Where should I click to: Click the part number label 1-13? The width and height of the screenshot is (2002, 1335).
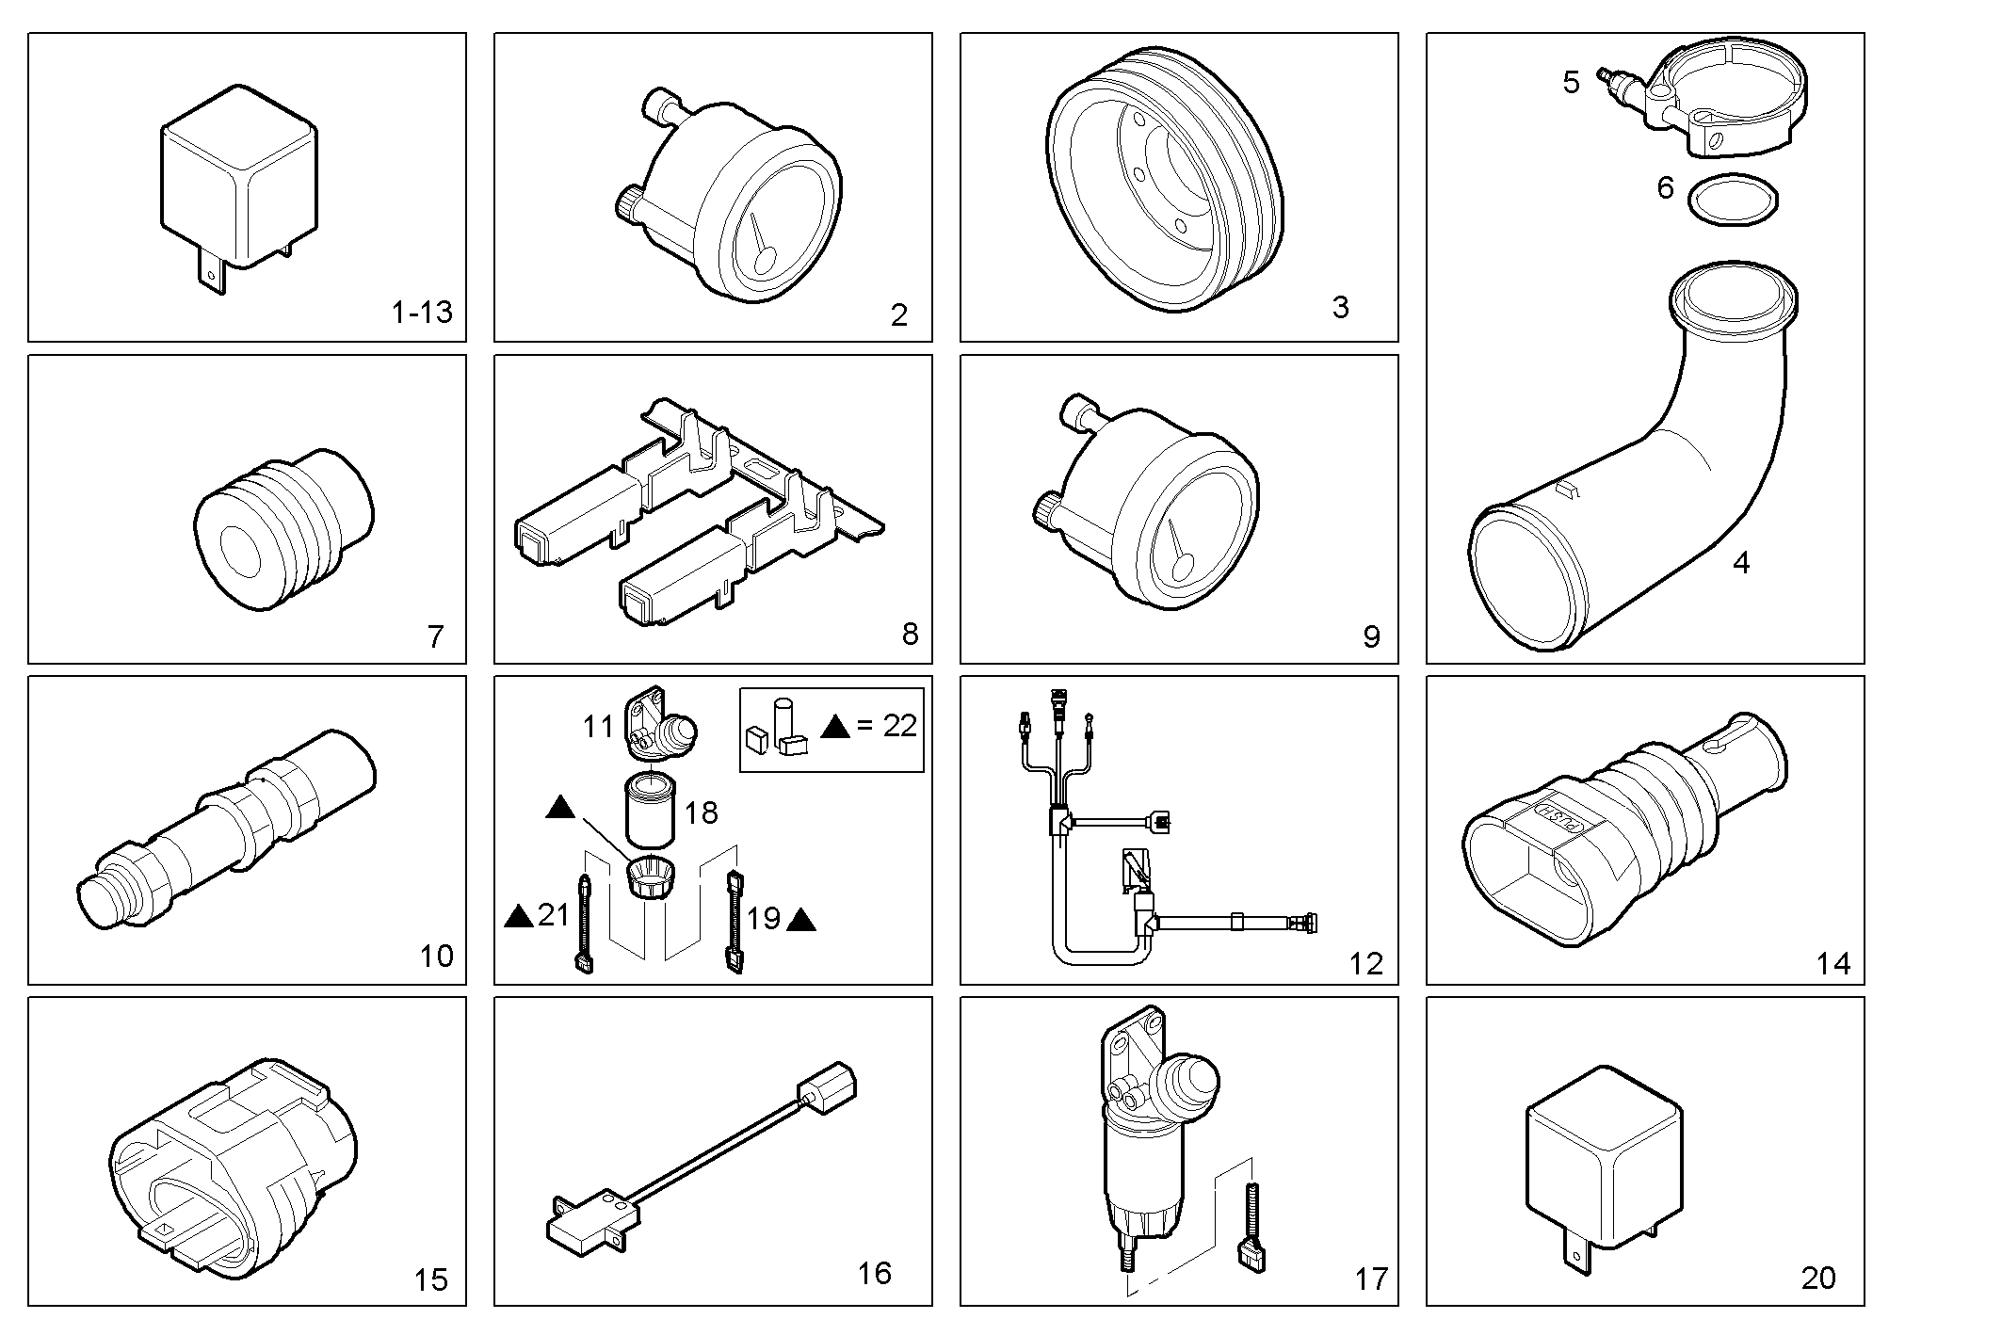point(422,312)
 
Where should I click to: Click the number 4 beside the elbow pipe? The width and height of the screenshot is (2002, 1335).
point(1741,563)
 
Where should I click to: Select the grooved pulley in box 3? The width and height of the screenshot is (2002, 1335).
point(1166,179)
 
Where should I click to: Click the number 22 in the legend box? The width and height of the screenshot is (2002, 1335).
point(899,725)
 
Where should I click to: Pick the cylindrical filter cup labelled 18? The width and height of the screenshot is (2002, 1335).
point(650,810)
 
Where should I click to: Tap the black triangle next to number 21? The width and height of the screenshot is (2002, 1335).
point(519,915)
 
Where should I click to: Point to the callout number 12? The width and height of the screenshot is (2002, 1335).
point(1365,964)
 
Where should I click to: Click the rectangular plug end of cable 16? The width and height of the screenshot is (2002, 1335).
point(827,1089)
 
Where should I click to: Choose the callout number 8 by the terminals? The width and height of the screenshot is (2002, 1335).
point(909,634)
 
